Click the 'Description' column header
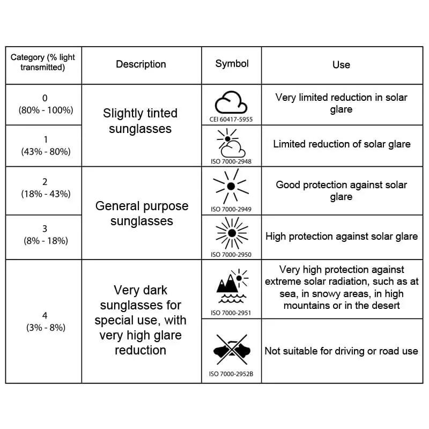click(141, 64)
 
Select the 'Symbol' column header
click(232, 64)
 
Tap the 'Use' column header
click(341, 64)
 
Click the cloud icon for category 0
click(231, 102)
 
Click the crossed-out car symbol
click(232, 350)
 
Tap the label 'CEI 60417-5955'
click(231, 120)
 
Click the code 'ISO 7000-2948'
click(231, 161)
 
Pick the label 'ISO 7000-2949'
click(231, 209)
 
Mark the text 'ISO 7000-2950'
click(231, 255)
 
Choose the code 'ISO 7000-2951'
click(231, 313)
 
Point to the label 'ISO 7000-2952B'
click(231, 374)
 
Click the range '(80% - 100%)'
click(46, 110)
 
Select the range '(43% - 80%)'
click(46, 152)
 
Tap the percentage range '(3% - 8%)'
click(46, 328)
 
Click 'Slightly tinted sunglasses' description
click(140, 121)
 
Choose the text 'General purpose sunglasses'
click(142, 213)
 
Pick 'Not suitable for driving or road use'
click(341, 351)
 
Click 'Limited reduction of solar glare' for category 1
click(342, 144)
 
